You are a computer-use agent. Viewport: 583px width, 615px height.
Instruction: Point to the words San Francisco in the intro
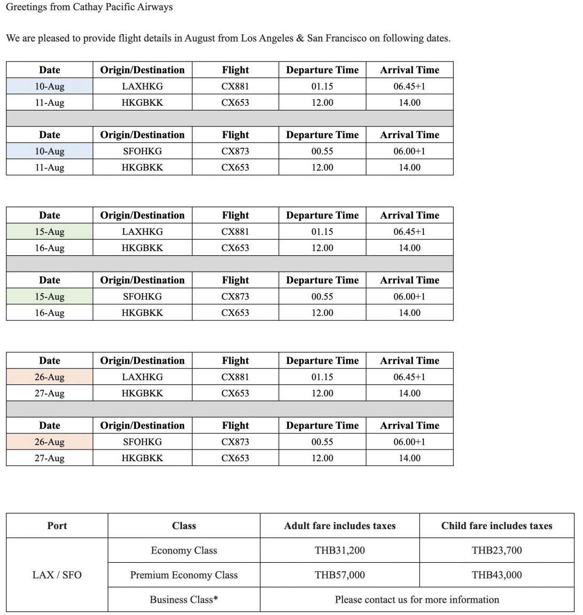pos(336,38)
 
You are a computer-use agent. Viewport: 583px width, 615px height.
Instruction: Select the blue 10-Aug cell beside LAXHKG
pos(49,86)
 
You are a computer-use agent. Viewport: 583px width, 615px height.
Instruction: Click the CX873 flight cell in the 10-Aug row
pos(235,151)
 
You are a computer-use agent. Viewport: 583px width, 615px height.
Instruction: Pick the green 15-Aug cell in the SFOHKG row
pos(49,297)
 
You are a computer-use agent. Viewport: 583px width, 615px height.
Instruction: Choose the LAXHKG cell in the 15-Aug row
pos(142,232)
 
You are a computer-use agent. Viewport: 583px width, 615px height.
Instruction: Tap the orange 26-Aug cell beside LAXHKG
pos(49,377)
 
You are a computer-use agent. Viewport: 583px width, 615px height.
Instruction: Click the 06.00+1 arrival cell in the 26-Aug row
pos(409,442)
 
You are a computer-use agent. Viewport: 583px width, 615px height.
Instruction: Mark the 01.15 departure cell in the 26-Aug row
pos(322,377)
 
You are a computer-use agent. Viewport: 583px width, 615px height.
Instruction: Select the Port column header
pos(57,526)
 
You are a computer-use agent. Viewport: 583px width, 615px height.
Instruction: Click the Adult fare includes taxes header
pos(340,526)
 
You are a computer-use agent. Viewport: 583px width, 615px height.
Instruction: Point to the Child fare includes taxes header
pos(496,526)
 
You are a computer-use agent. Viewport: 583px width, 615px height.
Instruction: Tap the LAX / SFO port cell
pos(57,575)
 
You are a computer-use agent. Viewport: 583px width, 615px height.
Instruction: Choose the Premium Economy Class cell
pos(184,575)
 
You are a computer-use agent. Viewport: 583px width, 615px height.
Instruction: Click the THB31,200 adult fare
pos(340,550)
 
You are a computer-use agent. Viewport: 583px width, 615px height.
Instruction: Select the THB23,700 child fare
pos(496,550)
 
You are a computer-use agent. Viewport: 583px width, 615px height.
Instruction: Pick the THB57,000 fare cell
pos(340,575)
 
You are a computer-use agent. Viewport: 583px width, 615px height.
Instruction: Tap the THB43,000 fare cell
pos(496,575)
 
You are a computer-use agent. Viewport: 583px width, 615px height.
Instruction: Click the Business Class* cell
pos(184,600)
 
